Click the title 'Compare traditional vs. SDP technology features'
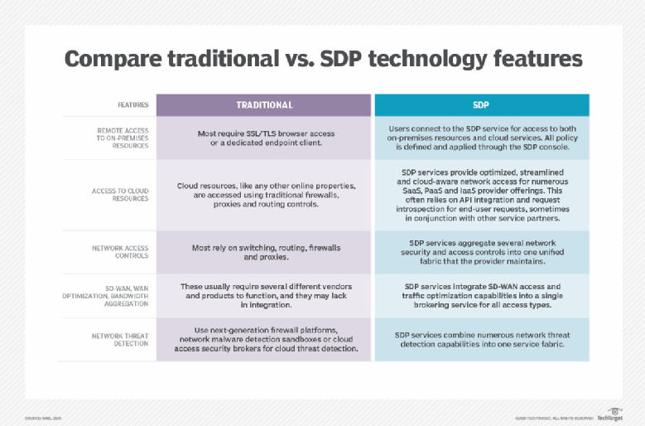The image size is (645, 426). point(323,60)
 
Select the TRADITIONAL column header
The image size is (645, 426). point(264,105)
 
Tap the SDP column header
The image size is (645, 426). point(482,105)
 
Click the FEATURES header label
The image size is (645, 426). point(132,105)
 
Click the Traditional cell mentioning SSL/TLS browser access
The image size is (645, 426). point(264,138)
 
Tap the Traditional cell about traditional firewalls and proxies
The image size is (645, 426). point(264,195)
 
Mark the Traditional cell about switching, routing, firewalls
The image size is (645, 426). point(264,252)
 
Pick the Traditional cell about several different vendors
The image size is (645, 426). point(264,296)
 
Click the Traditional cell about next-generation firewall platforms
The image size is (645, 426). point(264,340)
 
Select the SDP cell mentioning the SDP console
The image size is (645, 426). point(482,138)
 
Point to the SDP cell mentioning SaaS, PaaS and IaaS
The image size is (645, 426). point(482,195)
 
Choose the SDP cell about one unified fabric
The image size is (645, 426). point(482,252)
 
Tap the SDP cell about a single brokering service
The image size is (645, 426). point(482,296)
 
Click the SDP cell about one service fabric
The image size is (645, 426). point(482,340)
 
